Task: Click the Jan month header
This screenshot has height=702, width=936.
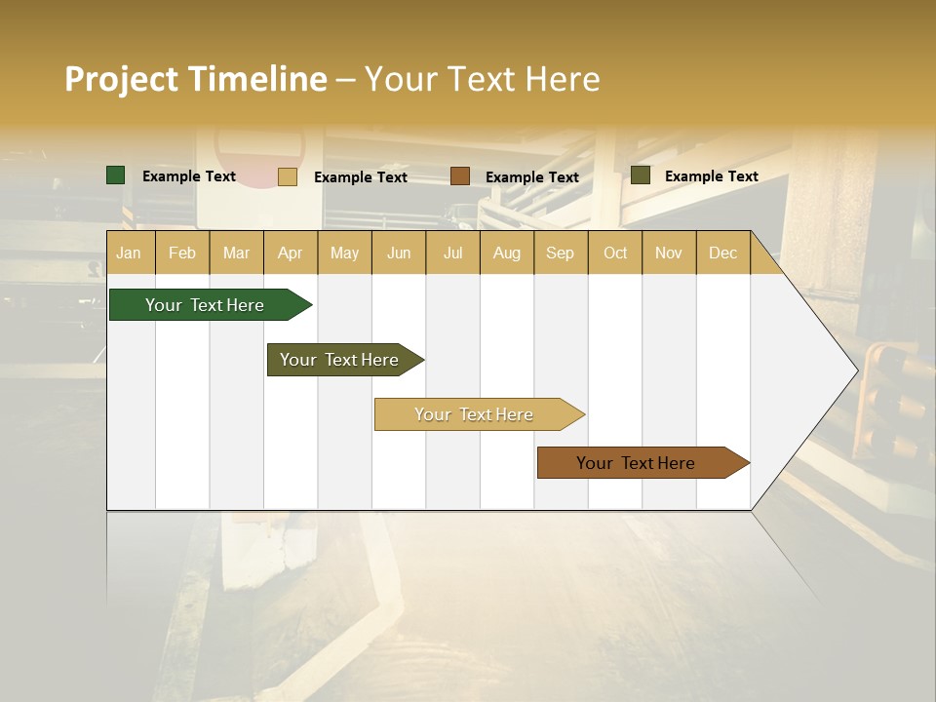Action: (129, 253)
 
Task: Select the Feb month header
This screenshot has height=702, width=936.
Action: (182, 253)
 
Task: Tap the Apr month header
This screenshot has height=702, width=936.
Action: (291, 253)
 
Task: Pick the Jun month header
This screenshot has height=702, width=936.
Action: (399, 253)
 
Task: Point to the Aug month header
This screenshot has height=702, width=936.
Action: (507, 253)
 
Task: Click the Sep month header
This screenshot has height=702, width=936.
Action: (561, 253)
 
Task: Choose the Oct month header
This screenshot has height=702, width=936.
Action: (615, 253)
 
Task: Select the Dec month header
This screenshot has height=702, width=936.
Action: (723, 253)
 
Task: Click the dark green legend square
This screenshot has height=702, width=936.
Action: (116, 175)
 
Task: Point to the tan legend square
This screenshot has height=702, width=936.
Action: (288, 176)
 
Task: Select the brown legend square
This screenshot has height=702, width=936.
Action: (460, 176)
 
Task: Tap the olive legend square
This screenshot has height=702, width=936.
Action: (641, 175)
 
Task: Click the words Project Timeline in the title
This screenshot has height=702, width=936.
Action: (196, 79)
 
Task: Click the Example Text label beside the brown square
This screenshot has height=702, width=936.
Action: (532, 177)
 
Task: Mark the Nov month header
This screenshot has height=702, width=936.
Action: (669, 253)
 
